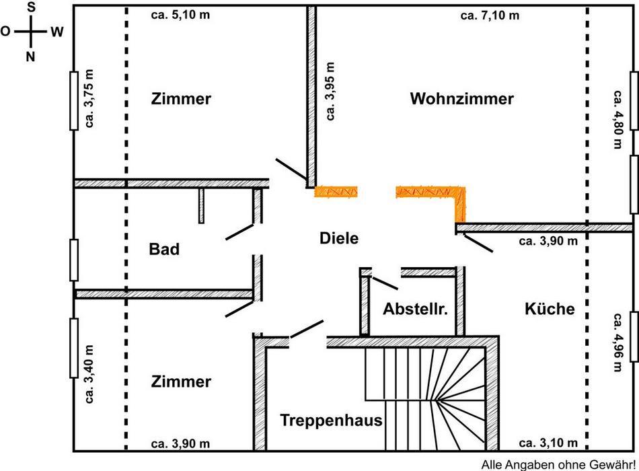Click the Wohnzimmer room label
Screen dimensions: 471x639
click(461, 99)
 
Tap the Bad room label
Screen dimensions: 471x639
click(164, 250)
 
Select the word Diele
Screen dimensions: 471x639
click(339, 238)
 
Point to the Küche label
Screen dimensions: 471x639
click(550, 309)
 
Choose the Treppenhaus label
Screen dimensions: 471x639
click(331, 421)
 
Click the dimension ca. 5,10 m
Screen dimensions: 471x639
click(180, 15)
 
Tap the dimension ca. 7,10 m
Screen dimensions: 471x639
click(490, 15)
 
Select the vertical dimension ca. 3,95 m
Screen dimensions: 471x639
click(330, 91)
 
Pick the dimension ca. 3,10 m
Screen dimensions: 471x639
click(548, 443)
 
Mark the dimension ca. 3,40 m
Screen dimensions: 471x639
click(89, 374)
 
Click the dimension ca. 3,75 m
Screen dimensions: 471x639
click(89, 100)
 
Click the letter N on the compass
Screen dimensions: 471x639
click(30, 57)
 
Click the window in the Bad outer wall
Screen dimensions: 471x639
click(74, 259)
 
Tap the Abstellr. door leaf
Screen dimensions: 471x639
click(384, 283)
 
